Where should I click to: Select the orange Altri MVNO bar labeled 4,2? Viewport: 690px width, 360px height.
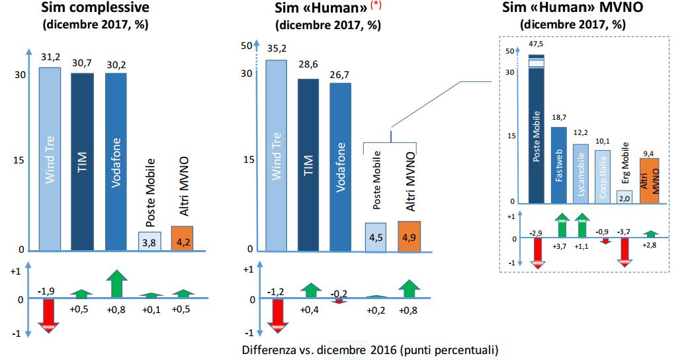(182, 238)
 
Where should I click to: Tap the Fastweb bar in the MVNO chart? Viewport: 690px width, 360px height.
(559, 164)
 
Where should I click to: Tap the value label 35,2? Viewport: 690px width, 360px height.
(276, 48)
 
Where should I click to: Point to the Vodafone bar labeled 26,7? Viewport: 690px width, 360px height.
(340, 167)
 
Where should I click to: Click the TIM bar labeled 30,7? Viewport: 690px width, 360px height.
(83, 161)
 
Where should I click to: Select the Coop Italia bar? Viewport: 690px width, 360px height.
(602, 176)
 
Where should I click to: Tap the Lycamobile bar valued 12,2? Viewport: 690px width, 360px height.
(580, 173)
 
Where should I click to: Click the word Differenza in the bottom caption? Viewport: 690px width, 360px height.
(266, 349)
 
